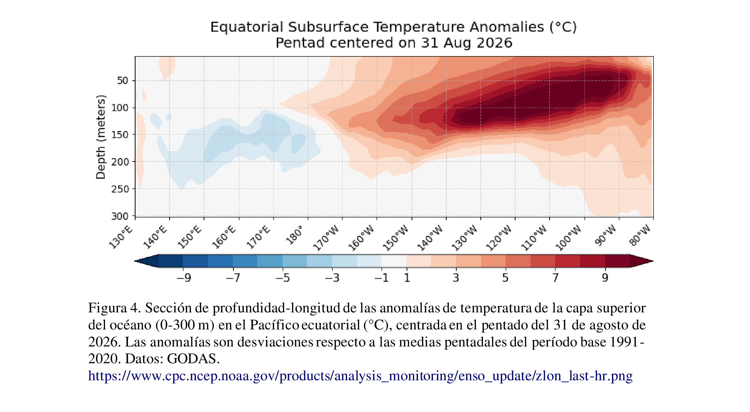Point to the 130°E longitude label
(121, 237)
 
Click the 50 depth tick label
(123, 81)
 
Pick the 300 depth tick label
(120, 216)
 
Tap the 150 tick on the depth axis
(120, 135)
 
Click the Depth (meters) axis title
(101, 137)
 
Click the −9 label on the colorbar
(184, 278)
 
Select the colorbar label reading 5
(505, 278)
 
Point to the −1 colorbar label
(381, 278)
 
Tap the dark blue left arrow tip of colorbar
(135, 261)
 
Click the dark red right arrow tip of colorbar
(653, 261)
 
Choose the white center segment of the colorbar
(394, 261)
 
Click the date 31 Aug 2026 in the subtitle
(467, 43)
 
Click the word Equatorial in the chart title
(246, 27)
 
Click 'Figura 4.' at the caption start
(115, 308)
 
